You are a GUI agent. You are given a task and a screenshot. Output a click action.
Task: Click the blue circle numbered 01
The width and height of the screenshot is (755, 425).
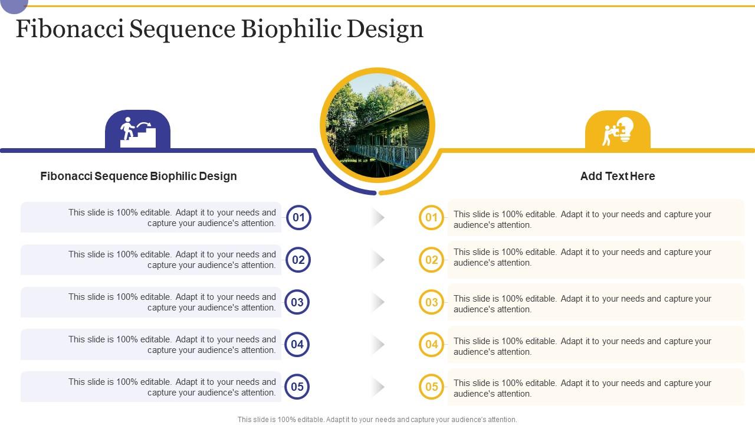[x=298, y=217]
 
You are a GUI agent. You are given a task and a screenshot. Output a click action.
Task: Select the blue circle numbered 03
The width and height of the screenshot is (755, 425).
[x=297, y=302]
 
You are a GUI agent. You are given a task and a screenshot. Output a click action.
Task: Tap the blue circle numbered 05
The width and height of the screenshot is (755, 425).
[x=297, y=387]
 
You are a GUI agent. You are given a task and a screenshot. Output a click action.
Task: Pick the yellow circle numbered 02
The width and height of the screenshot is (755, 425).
[x=431, y=260]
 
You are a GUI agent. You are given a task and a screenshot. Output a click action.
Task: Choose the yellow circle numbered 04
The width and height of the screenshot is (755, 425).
[x=431, y=344]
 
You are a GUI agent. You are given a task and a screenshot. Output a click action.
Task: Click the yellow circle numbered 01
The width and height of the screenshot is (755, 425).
[x=431, y=217]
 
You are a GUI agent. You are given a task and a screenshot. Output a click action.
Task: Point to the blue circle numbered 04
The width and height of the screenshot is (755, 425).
[x=297, y=344]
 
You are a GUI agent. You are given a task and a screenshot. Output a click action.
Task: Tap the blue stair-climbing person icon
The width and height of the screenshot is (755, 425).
[x=137, y=131]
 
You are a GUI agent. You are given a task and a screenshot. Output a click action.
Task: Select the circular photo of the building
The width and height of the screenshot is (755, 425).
[x=377, y=125]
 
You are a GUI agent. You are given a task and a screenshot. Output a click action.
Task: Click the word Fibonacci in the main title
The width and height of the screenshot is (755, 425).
[x=70, y=30]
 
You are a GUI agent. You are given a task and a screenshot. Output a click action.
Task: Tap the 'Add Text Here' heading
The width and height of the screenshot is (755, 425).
[x=618, y=176]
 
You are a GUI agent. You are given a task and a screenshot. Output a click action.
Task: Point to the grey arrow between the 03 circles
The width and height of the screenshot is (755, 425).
[x=378, y=302]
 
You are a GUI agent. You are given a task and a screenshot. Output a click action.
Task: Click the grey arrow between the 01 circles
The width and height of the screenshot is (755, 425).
[x=378, y=218]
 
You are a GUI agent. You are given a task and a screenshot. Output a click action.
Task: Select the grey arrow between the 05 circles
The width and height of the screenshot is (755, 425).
[x=378, y=387]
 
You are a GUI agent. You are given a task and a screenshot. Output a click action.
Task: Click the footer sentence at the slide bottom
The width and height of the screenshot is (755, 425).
[x=377, y=420]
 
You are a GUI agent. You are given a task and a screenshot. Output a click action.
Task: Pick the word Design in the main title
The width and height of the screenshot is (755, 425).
[x=385, y=30]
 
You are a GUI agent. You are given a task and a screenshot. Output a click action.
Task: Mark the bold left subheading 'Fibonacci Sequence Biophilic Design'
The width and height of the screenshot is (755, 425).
[x=139, y=176]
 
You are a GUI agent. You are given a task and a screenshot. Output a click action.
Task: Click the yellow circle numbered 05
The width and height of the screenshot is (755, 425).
[x=431, y=387]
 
